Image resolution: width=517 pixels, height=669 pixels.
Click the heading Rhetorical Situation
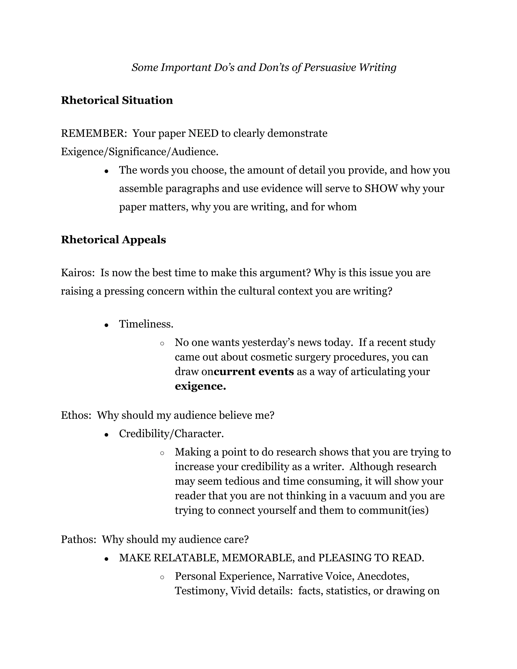pos(117,100)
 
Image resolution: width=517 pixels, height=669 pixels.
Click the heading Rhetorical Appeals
pos(113,240)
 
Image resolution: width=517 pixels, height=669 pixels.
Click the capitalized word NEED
pos(203,133)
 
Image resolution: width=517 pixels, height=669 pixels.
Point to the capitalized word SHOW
pos(381,188)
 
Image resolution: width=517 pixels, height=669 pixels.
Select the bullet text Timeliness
pos(146,324)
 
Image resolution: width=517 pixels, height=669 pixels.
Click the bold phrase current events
pos(254,372)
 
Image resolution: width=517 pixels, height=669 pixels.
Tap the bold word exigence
pos(200,386)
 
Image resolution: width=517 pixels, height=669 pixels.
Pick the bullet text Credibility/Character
pos(171,434)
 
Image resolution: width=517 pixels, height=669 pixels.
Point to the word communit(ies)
pos(393,510)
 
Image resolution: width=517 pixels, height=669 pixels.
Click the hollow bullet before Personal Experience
pos(162,577)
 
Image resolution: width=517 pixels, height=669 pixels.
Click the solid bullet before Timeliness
pos(106,325)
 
